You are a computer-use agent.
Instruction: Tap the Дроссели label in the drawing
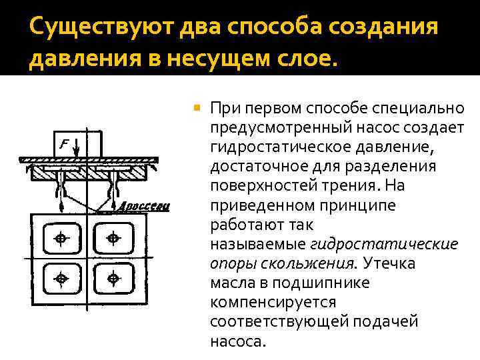pos(145,207)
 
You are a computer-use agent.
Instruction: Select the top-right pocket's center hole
pos(113,238)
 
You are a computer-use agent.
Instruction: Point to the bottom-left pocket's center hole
pos(61,277)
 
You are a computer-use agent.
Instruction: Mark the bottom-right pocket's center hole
pos(113,277)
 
